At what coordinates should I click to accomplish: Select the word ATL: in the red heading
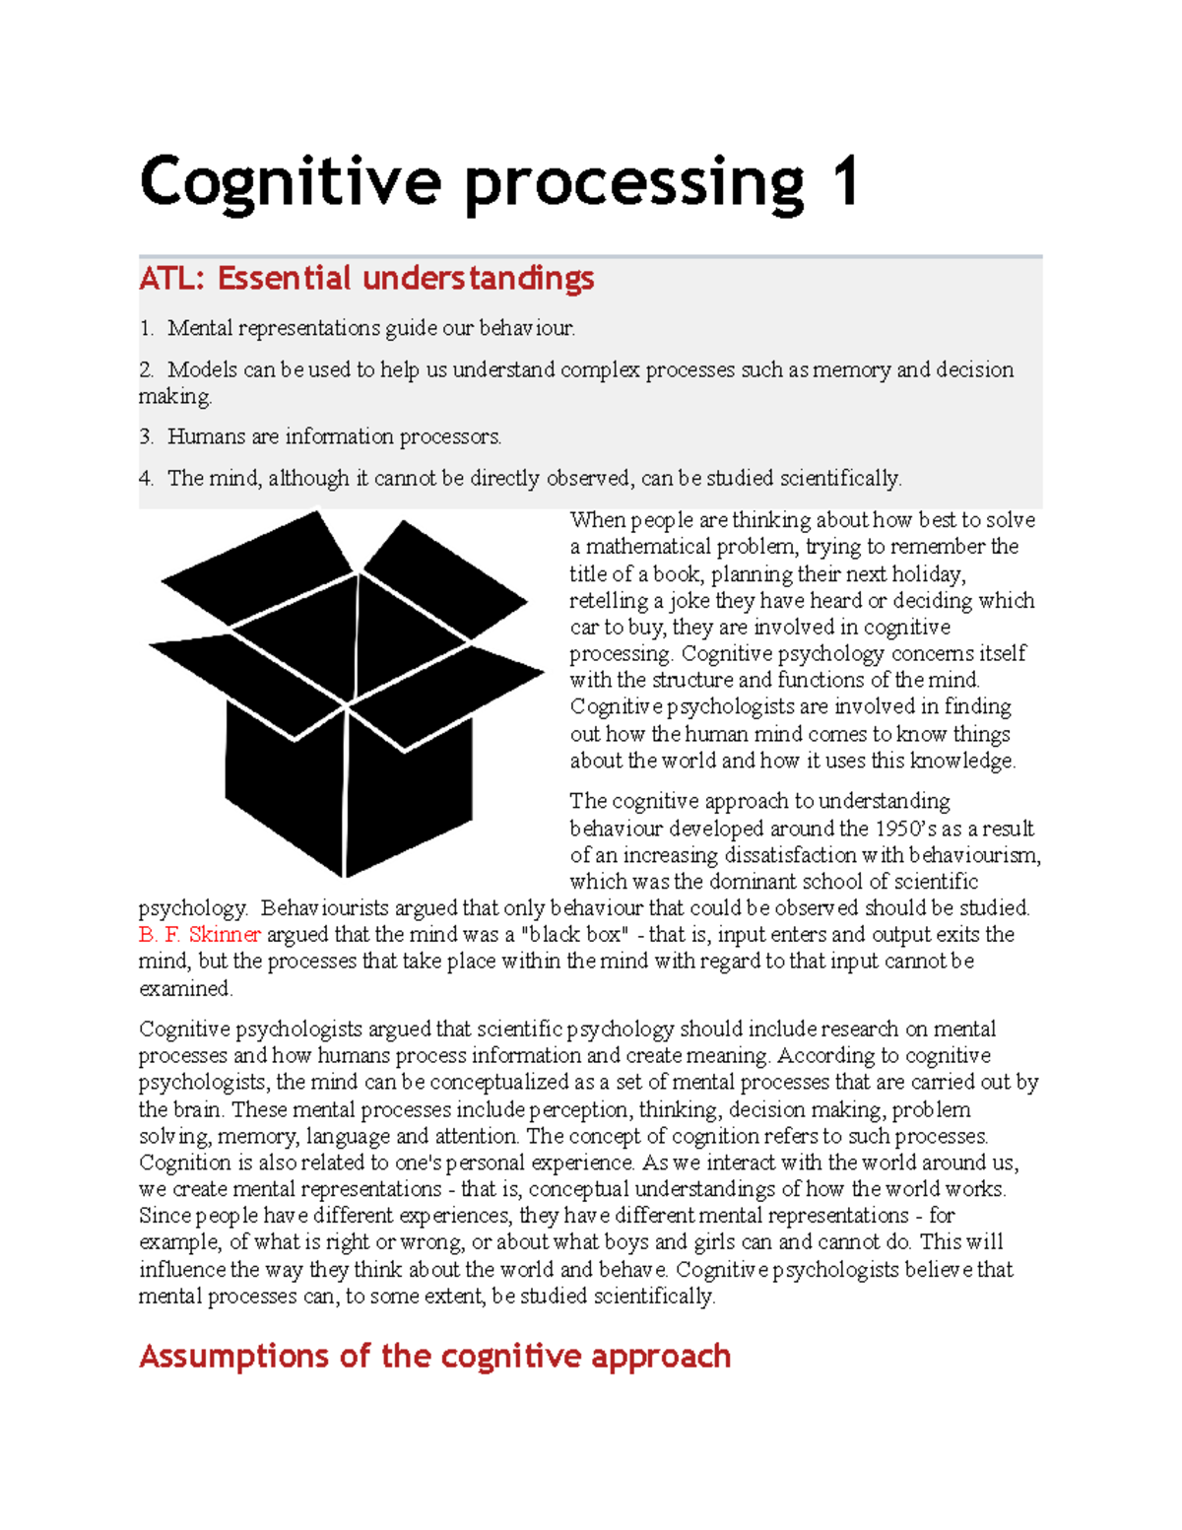[x=171, y=279]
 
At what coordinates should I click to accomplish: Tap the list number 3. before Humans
[x=147, y=436]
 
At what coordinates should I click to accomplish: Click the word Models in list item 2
[x=202, y=369]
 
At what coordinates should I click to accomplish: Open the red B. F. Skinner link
[x=200, y=934]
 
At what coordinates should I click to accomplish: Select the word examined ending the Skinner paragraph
[x=185, y=988]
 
